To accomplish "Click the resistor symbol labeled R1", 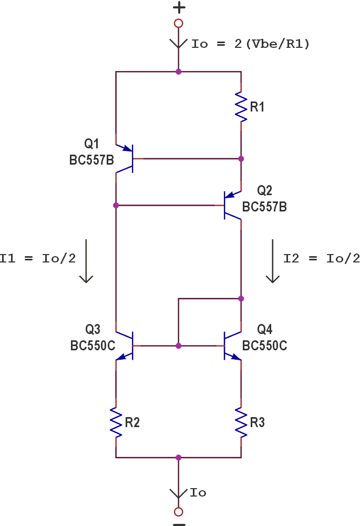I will (x=241, y=107).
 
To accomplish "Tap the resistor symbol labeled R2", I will (x=116, y=422).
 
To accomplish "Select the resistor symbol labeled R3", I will (x=241, y=422).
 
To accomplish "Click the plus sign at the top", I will (x=179, y=7).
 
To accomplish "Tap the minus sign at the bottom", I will (x=179, y=524).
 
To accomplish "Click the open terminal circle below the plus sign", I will (x=179, y=23).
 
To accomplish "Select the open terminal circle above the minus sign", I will (x=179, y=512).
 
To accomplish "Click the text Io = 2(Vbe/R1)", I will (x=250, y=44).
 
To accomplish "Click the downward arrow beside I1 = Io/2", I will (x=86, y=261).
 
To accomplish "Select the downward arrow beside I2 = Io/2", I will (x=272, y=261).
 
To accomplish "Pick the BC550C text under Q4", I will (x=264, y=346).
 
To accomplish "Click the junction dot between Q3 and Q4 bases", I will (x=179, y=346).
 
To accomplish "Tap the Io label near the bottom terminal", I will (x=198, y=493).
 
